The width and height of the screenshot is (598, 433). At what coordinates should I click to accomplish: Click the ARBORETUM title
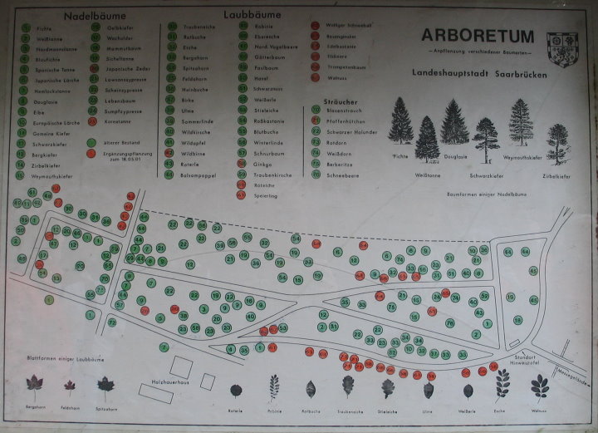point(476,35)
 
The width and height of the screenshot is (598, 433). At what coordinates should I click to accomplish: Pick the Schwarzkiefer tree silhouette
point(485,138)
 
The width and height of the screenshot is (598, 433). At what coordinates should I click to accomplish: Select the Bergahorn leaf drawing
point(34,384)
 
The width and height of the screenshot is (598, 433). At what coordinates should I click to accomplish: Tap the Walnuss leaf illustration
point(539,386)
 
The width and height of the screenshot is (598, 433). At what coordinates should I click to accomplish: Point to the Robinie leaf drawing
point(273,388)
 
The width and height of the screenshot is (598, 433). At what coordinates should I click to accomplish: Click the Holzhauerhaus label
point(173,382)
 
